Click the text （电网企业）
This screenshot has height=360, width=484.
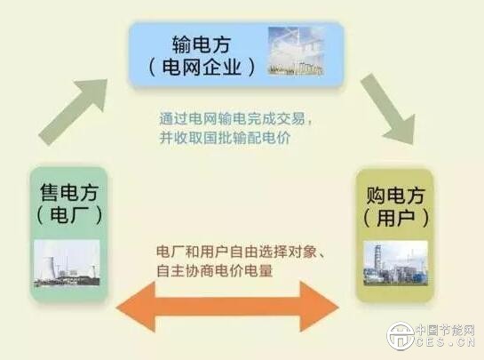click(x=202, y=66)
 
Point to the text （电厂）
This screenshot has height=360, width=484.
click(x=69, y=212)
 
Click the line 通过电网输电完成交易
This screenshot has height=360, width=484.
click(x=235, y=118)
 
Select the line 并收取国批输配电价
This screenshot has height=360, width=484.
click(x=226, y=140)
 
